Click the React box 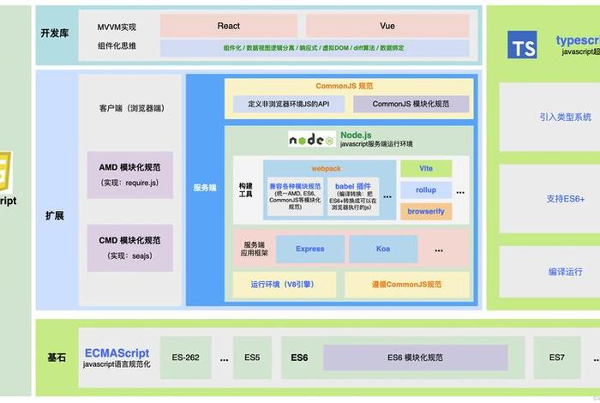[x=228, y=26]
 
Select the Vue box [x=387, y=26]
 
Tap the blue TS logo [x=522, y=45]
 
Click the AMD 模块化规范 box [x=129, y=175]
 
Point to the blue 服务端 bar [x=205, y=188]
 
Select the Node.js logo [x=310, y=139]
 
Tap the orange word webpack [x=327, y=168]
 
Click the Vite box [x=426, y=168]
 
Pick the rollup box [x=426, y=189]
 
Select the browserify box [x=426, y=211]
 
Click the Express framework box [x=309, y=249]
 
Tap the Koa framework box [x=382, y=249]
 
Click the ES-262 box [x=185, y=357]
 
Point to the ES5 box [x=252, y=357]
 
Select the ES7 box [x=557, y=357]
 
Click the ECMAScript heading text [x=117, y=352]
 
